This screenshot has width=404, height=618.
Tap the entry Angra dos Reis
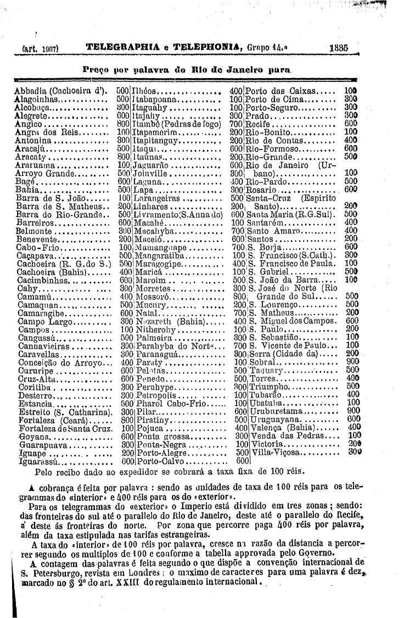(x=43, y=133)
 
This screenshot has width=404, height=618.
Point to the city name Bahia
(x=29, y=187)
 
